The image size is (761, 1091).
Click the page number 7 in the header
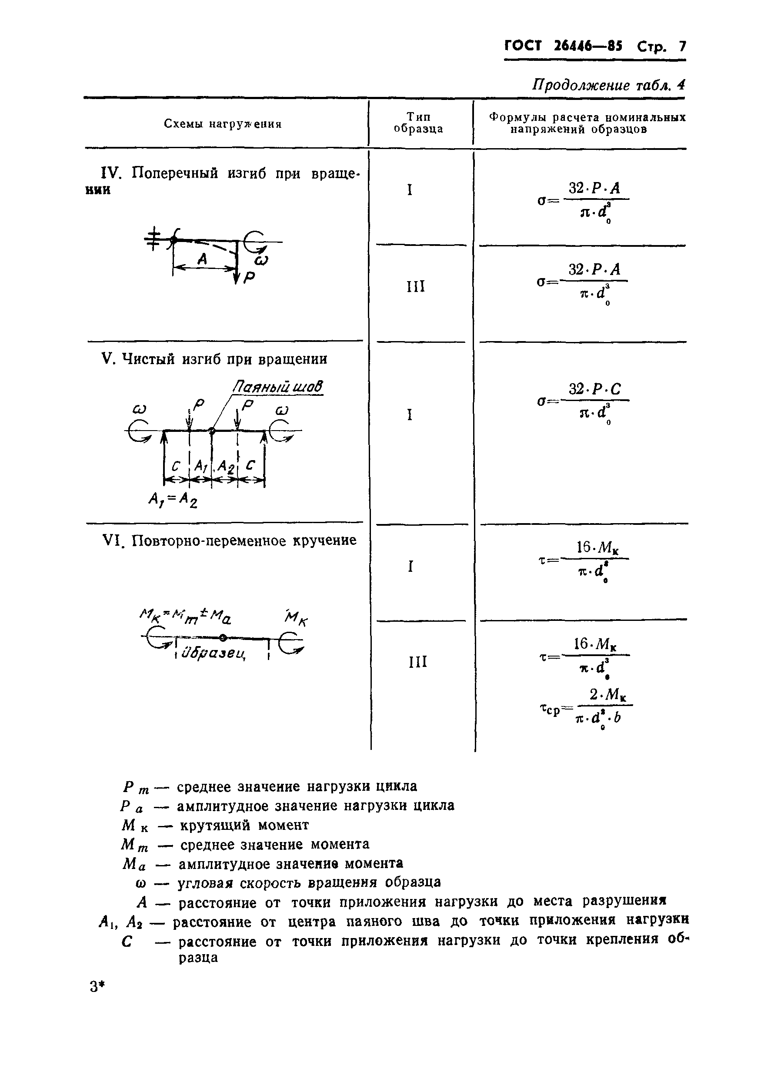[682, 46]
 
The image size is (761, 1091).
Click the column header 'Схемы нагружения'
[223, 124]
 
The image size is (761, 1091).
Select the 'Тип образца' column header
[418, 123]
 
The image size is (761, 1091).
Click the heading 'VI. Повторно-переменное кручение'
[230, 540]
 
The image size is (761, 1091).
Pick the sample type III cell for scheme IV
[416, 286]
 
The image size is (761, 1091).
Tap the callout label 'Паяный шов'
[277, 387]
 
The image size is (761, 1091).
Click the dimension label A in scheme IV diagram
[202, 259]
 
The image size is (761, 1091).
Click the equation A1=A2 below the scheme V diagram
[173, 499]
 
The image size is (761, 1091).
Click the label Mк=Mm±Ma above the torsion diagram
[186, 616]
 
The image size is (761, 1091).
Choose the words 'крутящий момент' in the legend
[244, 825]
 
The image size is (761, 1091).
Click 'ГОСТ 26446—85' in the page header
[563, 46]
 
